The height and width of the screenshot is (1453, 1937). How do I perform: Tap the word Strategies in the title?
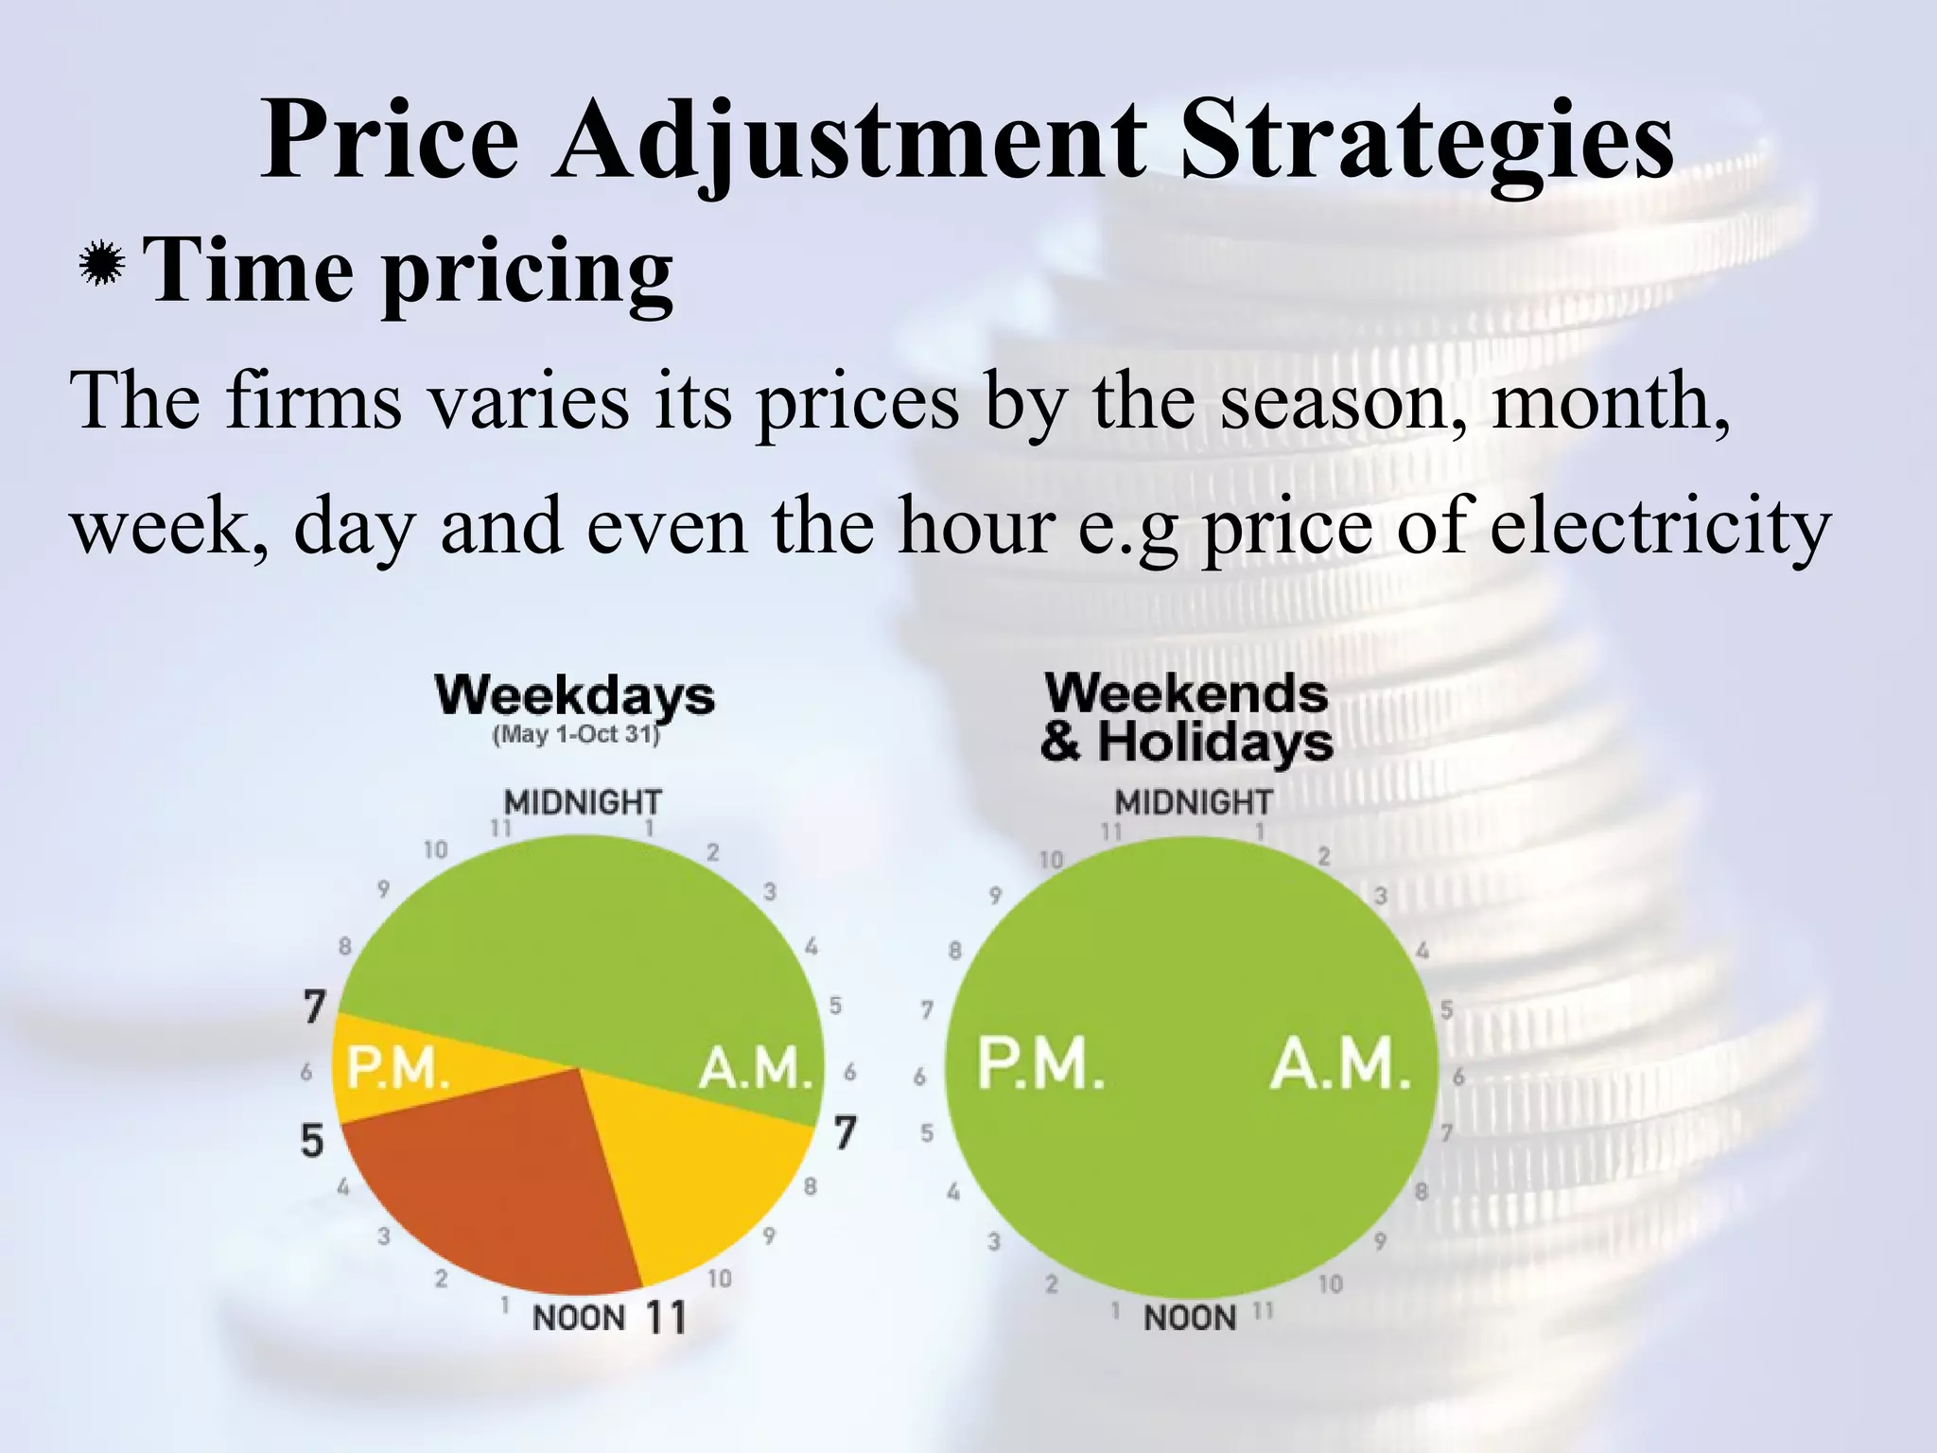tap(1427, 142)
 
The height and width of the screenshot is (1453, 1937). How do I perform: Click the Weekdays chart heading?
tap(575, 696)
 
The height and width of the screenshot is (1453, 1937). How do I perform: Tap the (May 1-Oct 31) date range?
tap(575, 735)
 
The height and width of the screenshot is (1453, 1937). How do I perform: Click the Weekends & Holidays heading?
tap(1186, 718)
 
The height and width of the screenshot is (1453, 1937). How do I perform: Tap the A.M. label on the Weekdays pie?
tap(755, 1069)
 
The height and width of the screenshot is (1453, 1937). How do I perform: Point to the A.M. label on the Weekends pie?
tap(1339, 1064)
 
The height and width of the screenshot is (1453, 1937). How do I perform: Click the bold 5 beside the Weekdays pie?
tap(312, 1141)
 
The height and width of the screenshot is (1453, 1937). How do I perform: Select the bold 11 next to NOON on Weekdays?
tap(666, 1316)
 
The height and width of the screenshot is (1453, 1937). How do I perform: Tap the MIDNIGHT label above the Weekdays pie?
tap(583, 802)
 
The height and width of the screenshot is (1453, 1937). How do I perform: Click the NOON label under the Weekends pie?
tap(1190, 1318)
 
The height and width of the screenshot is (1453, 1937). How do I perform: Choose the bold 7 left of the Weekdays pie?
tap(315, 1007)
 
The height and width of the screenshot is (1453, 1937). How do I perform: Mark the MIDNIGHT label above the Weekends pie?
tap(1194, 802)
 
